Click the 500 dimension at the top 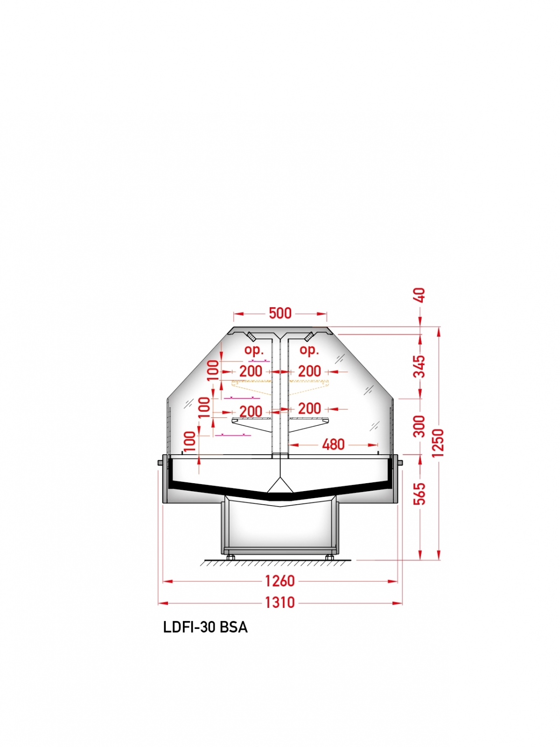280,313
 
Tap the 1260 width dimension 280,581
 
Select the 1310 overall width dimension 280,602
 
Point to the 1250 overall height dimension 439,443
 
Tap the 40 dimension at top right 420,295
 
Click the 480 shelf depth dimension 333,444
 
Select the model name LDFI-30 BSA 205,627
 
